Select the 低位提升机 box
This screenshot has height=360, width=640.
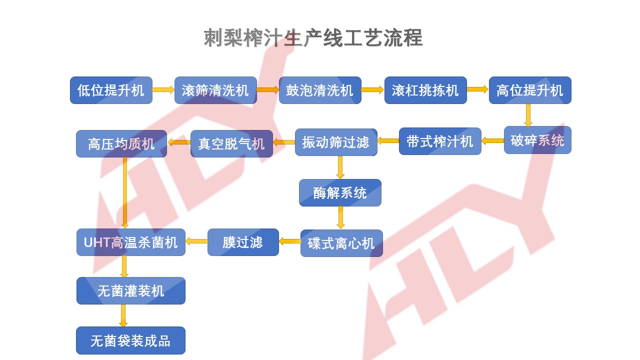[111, 90]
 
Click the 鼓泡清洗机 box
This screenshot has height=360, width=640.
[320, 90]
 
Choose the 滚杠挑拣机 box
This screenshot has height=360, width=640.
[425, 90]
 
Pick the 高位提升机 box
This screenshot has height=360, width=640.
[530, 90]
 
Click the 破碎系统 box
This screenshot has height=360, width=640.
[537, 140]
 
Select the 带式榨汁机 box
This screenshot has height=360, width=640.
[440, 141]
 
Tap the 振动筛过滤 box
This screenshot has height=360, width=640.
[335, 142]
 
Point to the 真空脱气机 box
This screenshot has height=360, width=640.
[231, 144]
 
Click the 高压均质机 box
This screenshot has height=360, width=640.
[121, 144]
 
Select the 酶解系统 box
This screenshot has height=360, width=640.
[340, 193]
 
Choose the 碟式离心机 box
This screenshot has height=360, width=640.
[341, 243]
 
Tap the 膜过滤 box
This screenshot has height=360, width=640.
[243, 242]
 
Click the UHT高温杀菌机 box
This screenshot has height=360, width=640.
[130, 242]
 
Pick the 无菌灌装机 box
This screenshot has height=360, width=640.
[130, 291]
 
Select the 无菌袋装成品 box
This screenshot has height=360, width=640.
[130, 340]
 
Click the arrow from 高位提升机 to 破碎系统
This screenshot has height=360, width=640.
[528, 115]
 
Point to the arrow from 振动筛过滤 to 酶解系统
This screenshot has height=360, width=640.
[340, 167]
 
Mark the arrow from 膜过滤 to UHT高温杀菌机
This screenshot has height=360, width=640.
[196, 241]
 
